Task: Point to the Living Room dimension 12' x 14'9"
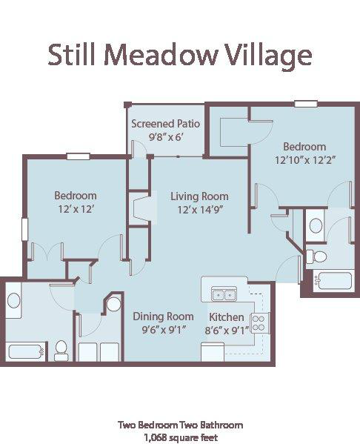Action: click(199, 209)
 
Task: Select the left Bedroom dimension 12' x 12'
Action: click(75, 209)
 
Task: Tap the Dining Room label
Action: click(163, 317)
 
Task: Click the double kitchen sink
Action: click(224, 294)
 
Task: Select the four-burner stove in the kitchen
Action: click(259, 322)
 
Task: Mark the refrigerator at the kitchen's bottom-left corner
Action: click(212, 353)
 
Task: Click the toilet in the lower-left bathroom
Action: click(61, 348)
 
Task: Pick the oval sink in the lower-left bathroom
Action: click(13, 301)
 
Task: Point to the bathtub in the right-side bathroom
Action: click(333, 282)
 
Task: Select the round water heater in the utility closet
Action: click(113, 305)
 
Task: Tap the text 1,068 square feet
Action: click(180, 437)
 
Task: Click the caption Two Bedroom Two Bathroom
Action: click(180, 425)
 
